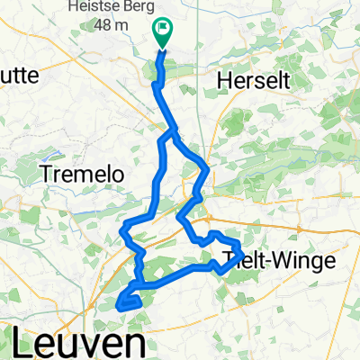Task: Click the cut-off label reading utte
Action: [19, 76]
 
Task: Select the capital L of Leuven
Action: [25, 343]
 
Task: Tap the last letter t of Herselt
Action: [285, 80]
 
